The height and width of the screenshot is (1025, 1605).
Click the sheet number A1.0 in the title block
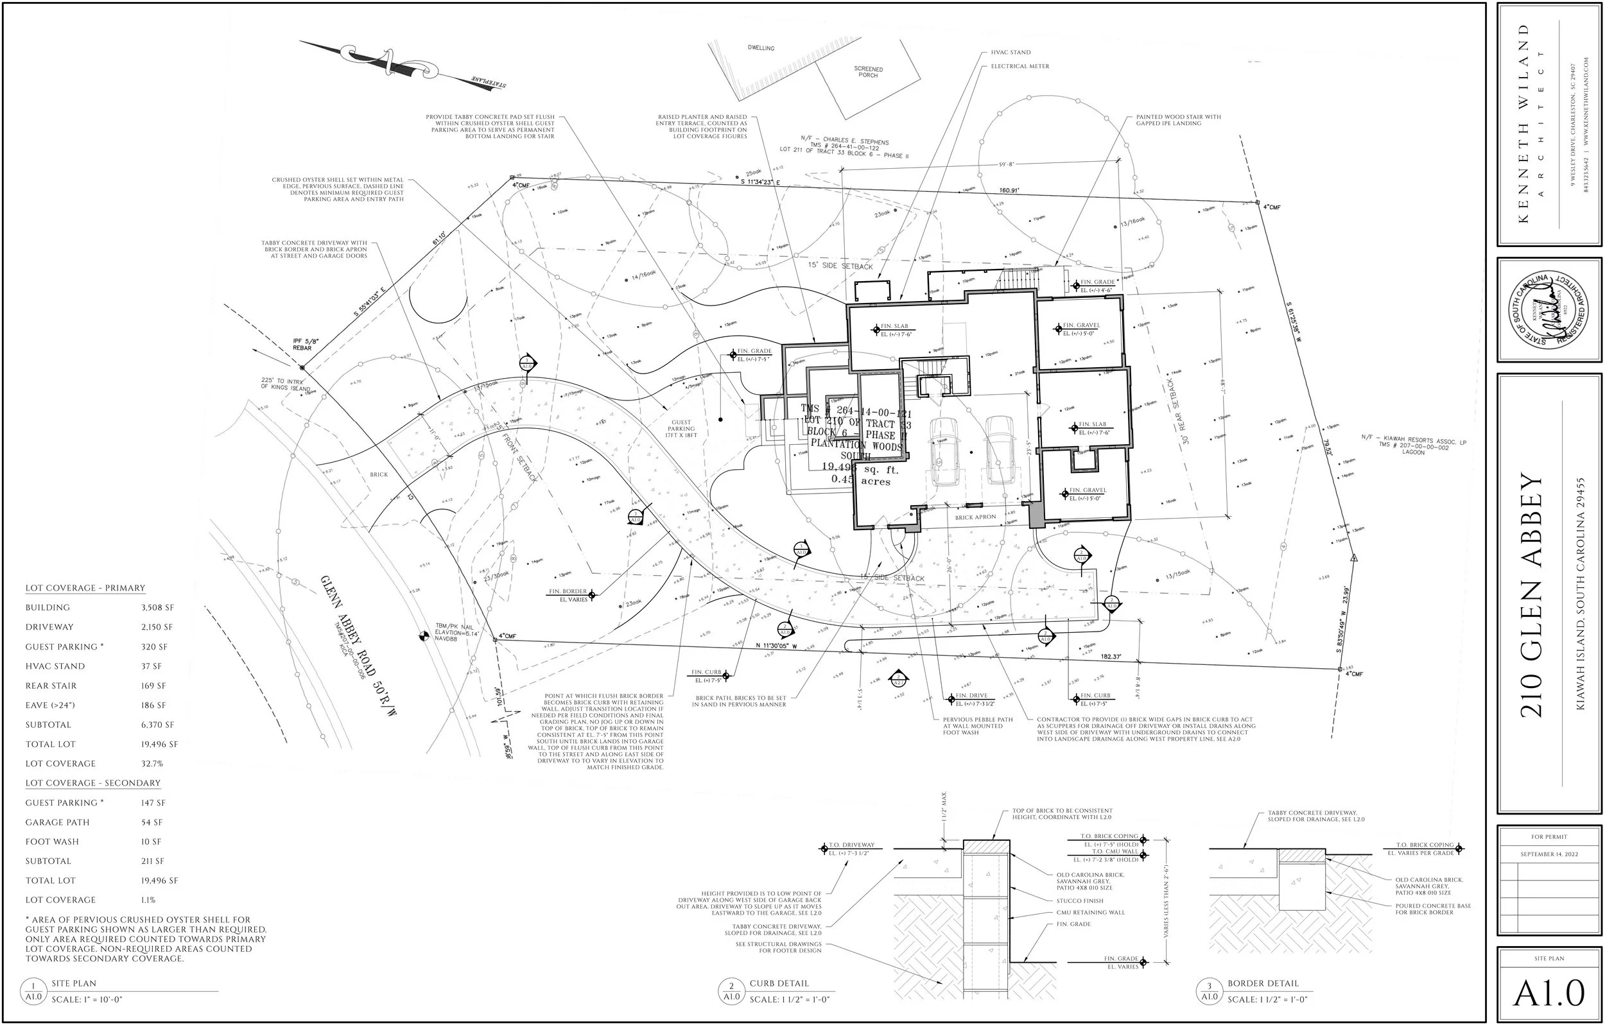[1549, 994]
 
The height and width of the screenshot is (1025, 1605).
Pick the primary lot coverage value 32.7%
[152, 764]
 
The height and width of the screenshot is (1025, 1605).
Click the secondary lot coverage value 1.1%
[148, 900]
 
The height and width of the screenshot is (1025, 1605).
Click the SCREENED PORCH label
[868, 72]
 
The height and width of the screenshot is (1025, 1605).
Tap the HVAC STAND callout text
[1011, 52]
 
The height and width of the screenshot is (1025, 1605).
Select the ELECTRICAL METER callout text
[1019, 66]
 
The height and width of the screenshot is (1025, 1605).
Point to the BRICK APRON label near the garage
[975, 517]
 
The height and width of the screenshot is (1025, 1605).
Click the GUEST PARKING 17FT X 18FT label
[681, 429]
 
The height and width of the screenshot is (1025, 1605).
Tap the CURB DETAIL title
[779, 983]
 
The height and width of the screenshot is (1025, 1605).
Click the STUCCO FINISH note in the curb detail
[1080, 900]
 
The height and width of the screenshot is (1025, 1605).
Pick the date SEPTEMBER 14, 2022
[1549, 854]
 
